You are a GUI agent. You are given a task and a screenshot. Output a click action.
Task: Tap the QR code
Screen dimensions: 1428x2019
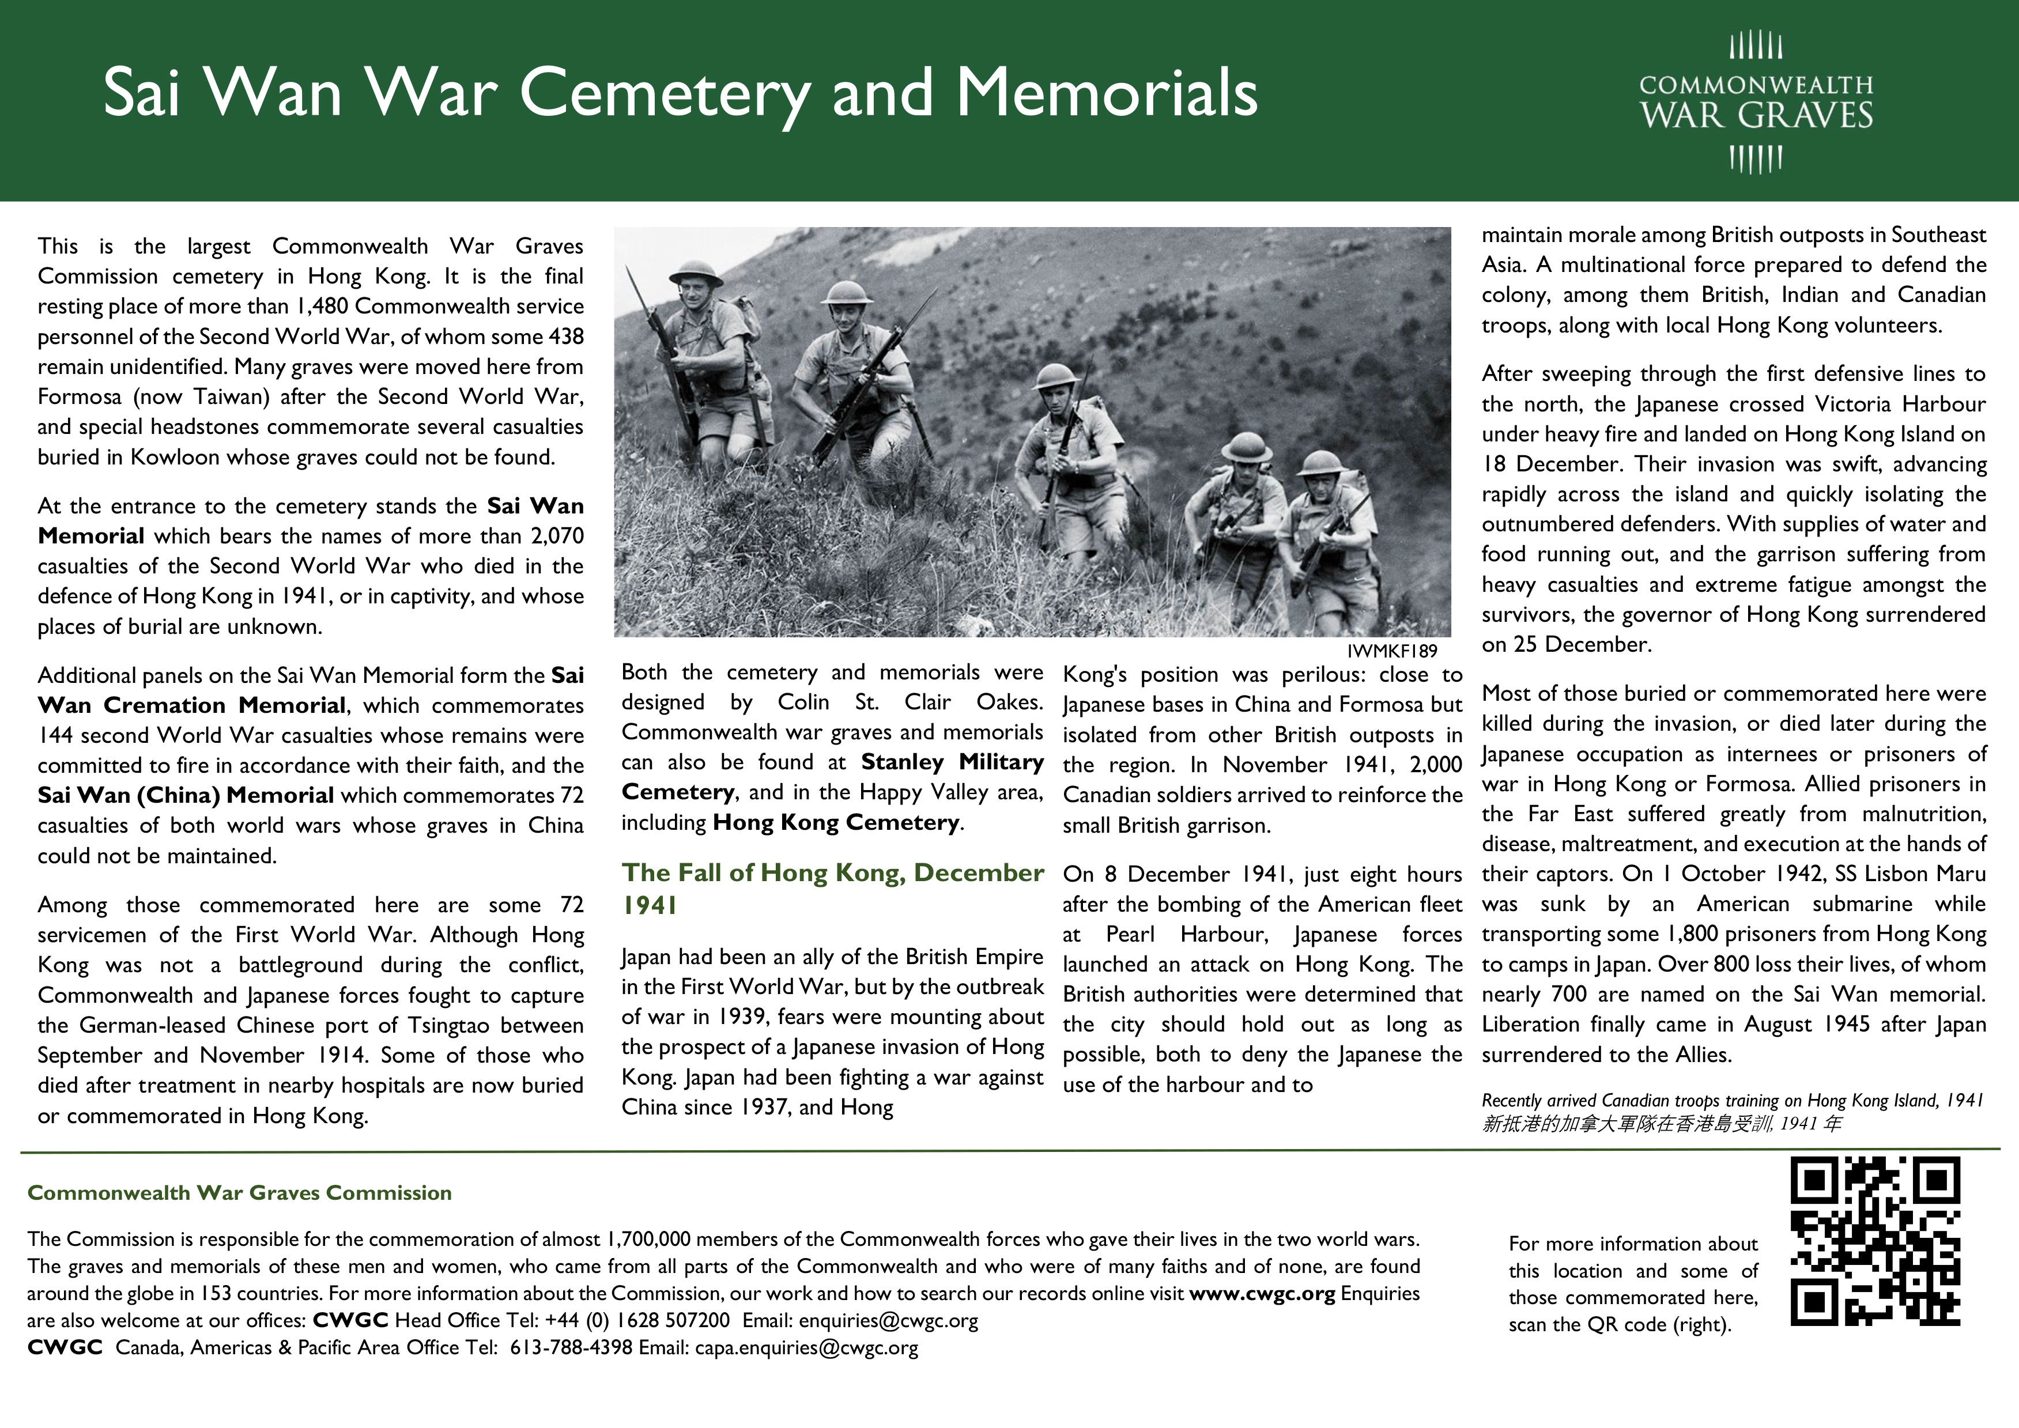pyautogui.click(x=1875, y=1242)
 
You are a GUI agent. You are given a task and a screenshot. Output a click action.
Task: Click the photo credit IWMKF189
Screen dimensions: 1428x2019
pyautogui.click(x=1391, y=651)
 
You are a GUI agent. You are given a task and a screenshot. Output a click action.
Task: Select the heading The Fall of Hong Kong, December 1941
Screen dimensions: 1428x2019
pyautogui.click(x=832, y=888)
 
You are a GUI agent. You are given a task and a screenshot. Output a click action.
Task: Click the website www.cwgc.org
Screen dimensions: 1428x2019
pyautogui.click(x=1262, y=1294)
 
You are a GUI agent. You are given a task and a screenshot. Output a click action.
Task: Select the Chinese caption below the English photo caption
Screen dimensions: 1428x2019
pyautogui.click(x=1661, y=1124)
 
